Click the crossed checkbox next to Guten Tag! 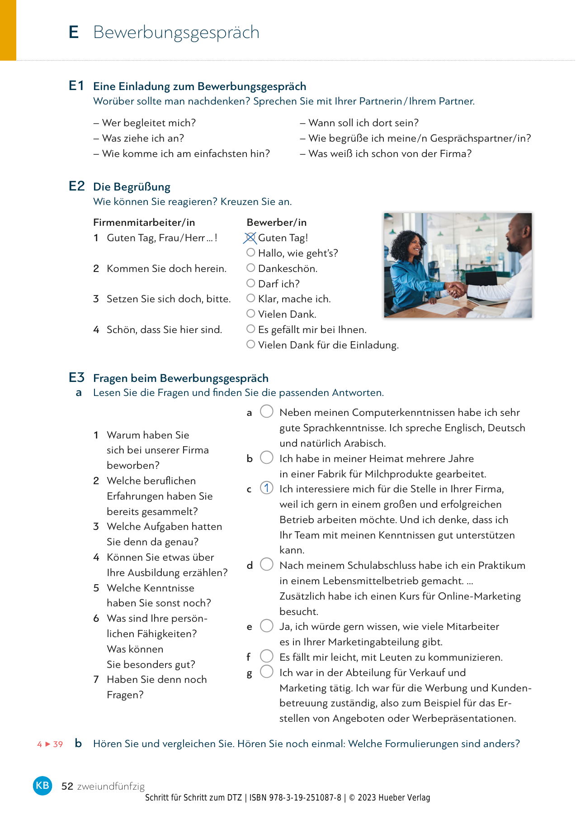tap(250, 238)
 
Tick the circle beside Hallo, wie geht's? tap(250, 252)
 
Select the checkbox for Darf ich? tap(250, 283)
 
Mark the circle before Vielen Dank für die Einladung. tap(250, 344)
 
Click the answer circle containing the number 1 tap(267, 488)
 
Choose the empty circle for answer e tap(267, 626)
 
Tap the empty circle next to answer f tap(267, 656)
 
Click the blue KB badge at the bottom tap(42, 785)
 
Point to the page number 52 tap(67, 786)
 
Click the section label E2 tap(77, 186)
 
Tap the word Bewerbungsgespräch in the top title tap(176, 33)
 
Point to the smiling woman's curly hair tap(405, 242)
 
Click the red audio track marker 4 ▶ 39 tap(50, 744)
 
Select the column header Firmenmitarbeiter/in tap(144, 222)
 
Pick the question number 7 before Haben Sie tap(96, 680)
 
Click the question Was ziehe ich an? tap(143, 138)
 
